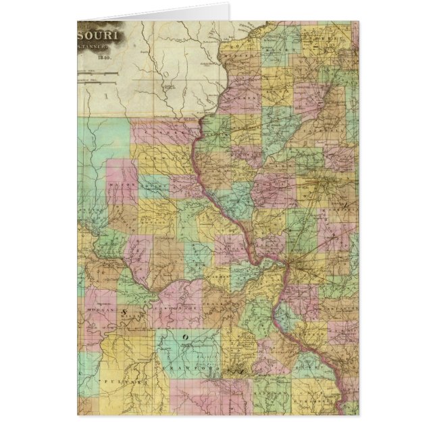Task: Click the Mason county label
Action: click(x=122, y=183)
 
